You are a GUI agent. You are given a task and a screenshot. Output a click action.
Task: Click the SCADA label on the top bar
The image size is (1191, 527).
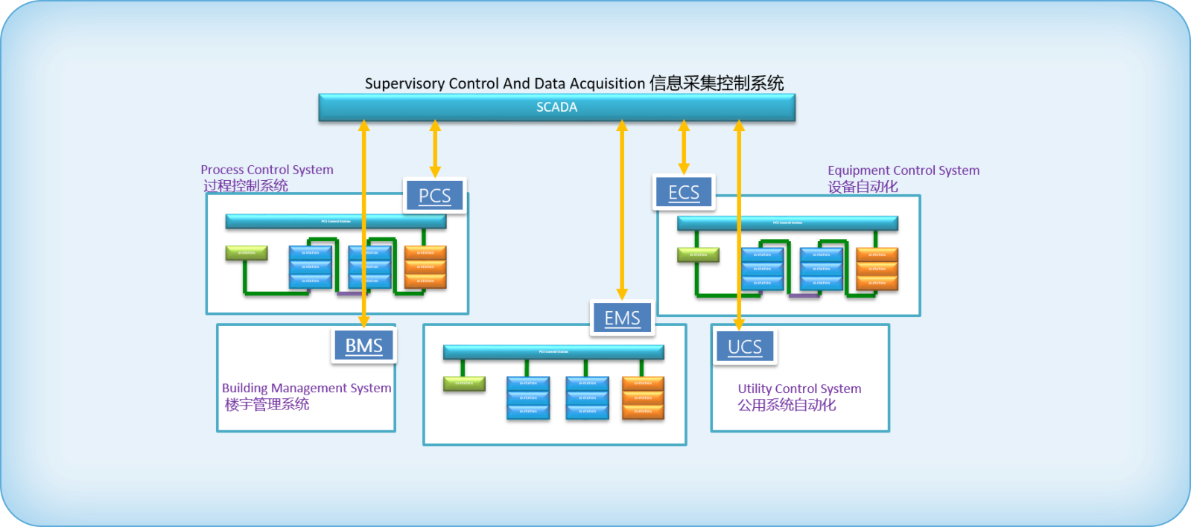pos(556,107)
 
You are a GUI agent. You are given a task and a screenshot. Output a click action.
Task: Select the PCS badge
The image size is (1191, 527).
pos(435,196)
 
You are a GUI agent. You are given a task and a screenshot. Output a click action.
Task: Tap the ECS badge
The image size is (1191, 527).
pos(684,193)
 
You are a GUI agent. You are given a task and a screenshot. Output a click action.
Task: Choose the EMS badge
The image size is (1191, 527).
pos(622,319)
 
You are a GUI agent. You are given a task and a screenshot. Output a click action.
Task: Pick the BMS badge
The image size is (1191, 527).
pos(363,346)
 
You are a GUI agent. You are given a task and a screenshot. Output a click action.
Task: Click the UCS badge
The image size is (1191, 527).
pos(745,347)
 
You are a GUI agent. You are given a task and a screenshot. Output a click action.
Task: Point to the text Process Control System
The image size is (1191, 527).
pos(267,170)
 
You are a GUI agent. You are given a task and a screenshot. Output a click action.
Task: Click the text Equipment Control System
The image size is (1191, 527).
pos(903,170)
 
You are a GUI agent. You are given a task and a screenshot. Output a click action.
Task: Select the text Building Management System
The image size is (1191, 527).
pos(306,388)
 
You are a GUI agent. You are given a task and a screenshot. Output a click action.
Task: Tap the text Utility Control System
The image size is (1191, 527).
pos(799,389)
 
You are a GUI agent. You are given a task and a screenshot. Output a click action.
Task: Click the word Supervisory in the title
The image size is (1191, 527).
pos(404,83)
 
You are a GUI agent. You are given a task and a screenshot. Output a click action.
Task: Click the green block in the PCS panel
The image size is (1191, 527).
pos(247,253)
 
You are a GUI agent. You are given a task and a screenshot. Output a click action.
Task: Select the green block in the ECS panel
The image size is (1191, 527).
pos(698,255)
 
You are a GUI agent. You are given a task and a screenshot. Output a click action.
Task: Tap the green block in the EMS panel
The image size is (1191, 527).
pos(464,383)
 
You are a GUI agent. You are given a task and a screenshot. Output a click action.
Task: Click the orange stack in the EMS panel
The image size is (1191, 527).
pos(643,397)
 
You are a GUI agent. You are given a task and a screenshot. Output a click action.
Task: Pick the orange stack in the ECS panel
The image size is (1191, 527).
pos(877,269)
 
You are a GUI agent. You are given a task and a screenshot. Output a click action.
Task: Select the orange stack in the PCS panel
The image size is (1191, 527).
pos(425,266)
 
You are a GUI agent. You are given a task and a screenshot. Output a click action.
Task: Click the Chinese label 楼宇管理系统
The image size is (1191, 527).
pos(267,405)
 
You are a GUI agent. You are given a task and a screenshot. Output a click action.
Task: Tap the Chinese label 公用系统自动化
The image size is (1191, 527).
pos(787,406)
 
